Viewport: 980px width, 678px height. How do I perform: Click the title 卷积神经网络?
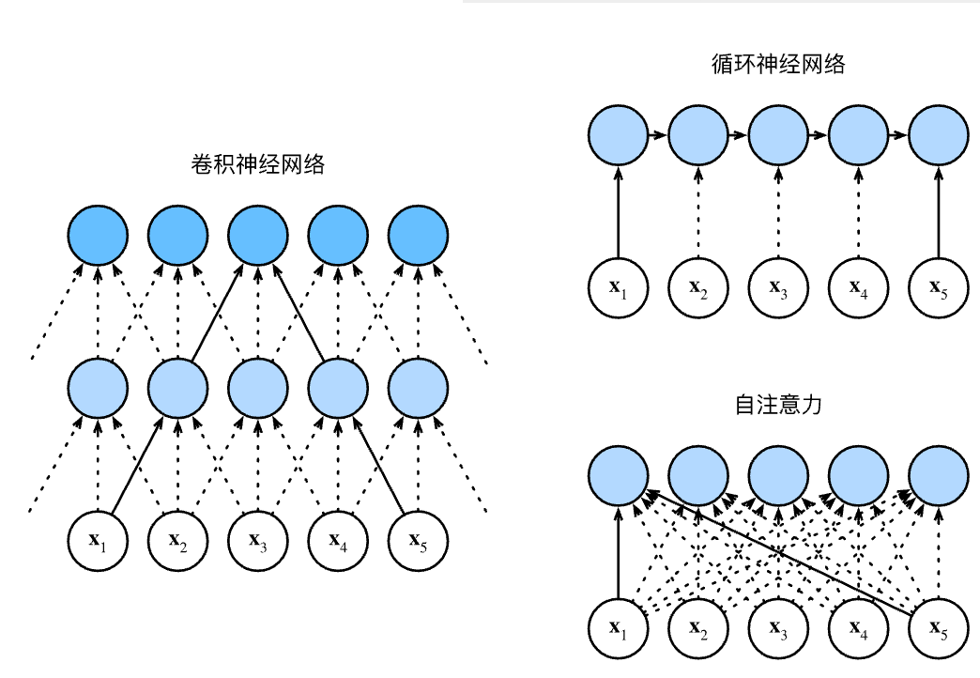(257, 165)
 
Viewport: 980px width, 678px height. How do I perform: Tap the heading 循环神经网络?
(778, 65)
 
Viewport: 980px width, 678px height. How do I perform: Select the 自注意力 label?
(778, 405)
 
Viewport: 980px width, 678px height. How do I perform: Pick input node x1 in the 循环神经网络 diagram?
(618, 285)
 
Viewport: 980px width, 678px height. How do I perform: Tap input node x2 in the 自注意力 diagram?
(698, 626)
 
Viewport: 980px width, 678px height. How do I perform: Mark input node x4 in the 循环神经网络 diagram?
(858, 285)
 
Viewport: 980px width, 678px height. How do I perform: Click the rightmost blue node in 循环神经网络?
(939, 133)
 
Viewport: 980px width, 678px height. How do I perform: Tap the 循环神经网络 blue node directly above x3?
(778, 133)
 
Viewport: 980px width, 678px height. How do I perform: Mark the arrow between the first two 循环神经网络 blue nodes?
(658, 133)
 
